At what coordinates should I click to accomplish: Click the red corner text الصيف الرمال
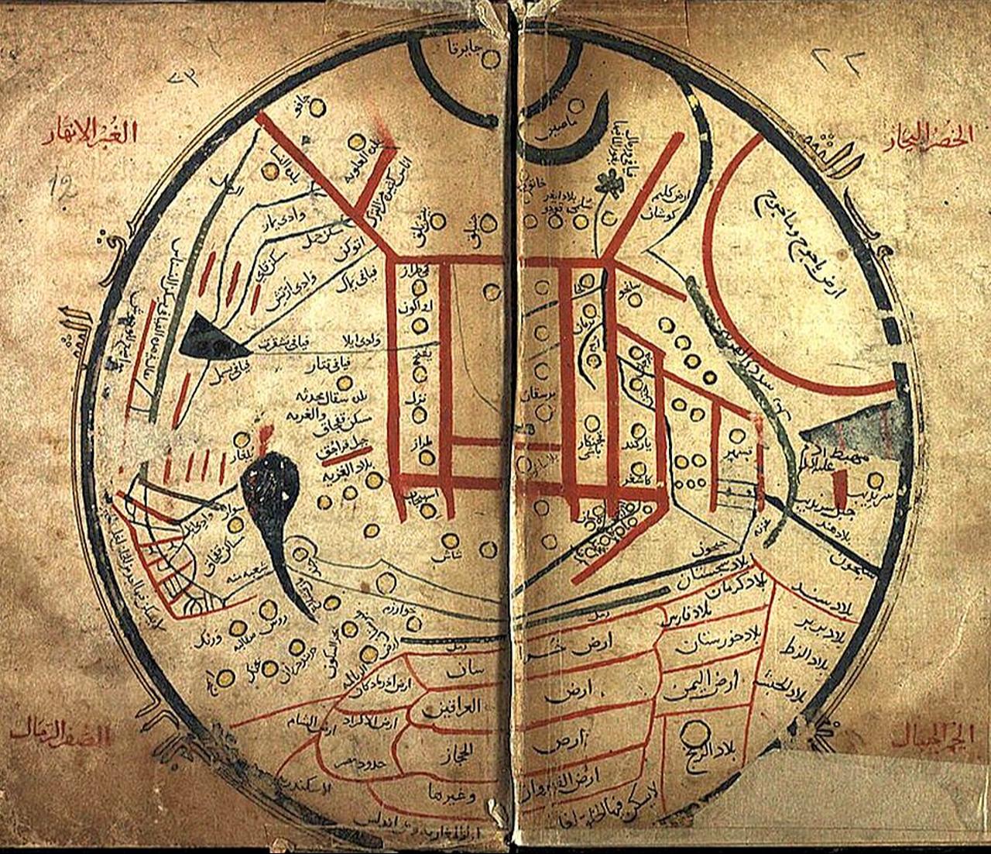[x=58, y=733]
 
